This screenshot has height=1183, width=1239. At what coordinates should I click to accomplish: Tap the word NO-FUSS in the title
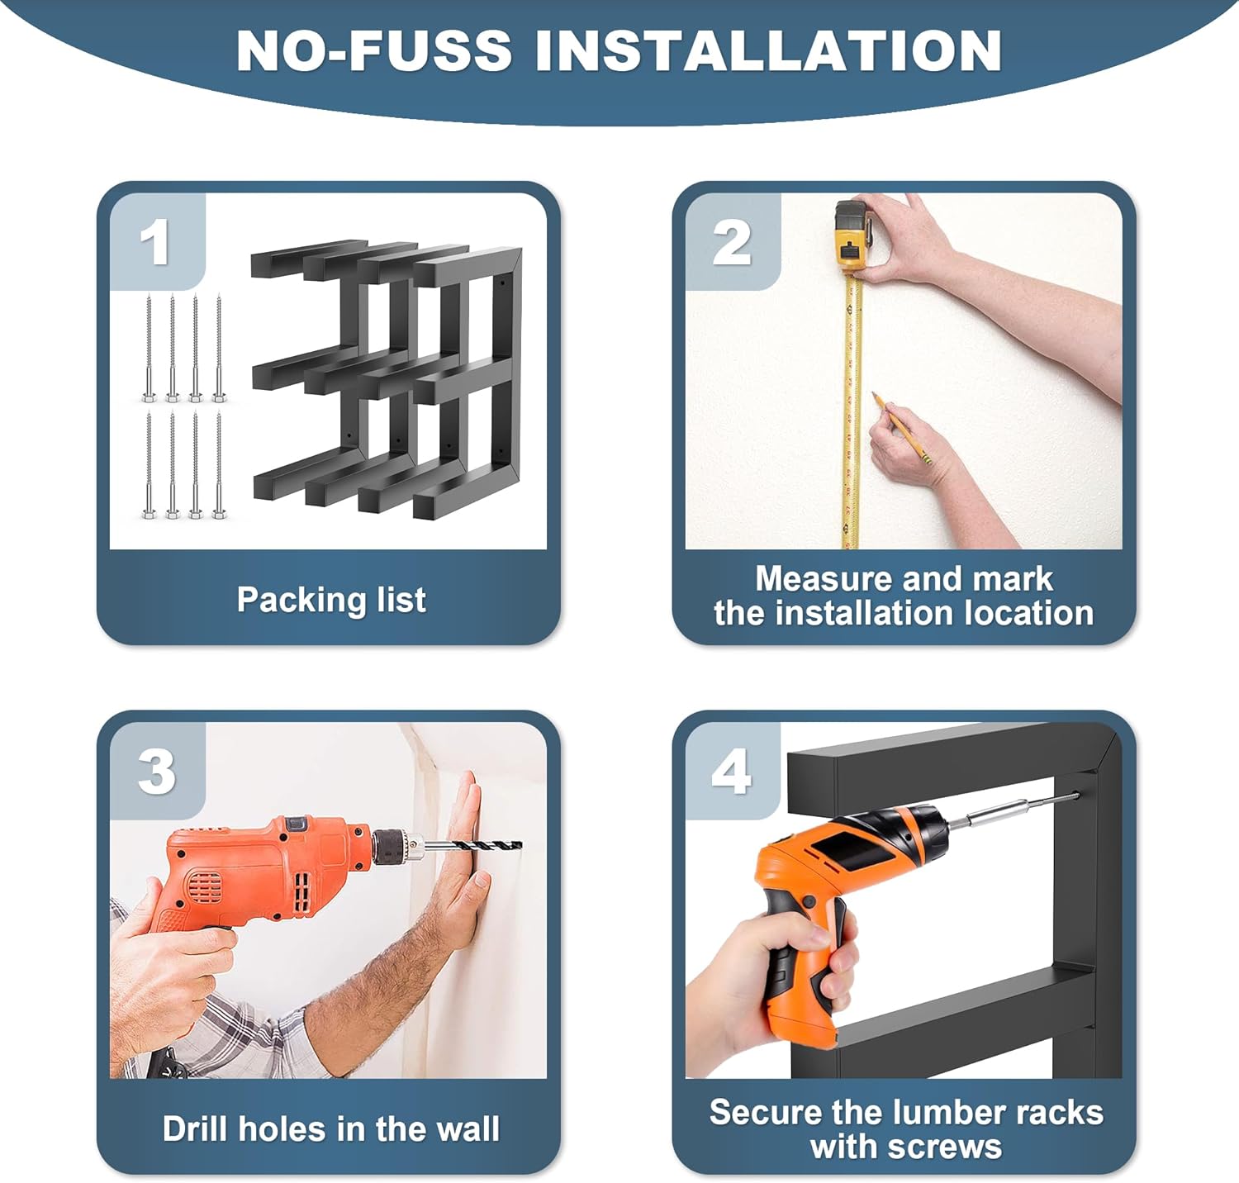coord(373,50)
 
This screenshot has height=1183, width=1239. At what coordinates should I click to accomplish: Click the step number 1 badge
coord(156,242)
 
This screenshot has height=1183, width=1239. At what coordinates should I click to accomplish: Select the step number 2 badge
coord(732,242)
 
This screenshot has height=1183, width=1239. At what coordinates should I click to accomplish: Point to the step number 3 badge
coord(156,772)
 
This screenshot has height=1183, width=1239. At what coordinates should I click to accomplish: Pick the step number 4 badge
coord(732,772)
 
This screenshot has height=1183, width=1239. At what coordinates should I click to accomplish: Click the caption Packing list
coord(331,600)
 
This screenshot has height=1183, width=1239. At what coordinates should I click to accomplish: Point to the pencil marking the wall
coord(903,428)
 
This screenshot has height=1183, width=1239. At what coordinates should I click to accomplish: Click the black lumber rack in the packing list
coord(387,382)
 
